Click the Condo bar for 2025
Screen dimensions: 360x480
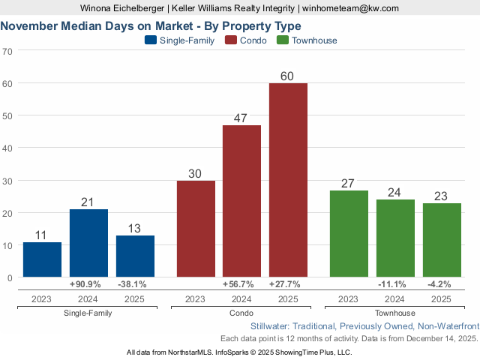click(288, 180)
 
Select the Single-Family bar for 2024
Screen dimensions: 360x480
click(88, 243)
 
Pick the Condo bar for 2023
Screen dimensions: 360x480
click(196, 229)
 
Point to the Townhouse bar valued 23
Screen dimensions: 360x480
click(442, 240)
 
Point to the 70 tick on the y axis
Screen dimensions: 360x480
click(7, 51)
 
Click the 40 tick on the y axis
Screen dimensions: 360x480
click(7, 148)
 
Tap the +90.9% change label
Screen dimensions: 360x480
click(88, 284)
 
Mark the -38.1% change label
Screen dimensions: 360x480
click(135, 284)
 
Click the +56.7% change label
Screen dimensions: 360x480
click(241, 284)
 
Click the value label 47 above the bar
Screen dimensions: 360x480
click(241, 118)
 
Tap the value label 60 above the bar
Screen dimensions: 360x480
click(288, 76)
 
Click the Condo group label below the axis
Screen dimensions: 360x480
click(241, 313)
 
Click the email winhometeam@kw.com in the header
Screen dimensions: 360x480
click(350, 8)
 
